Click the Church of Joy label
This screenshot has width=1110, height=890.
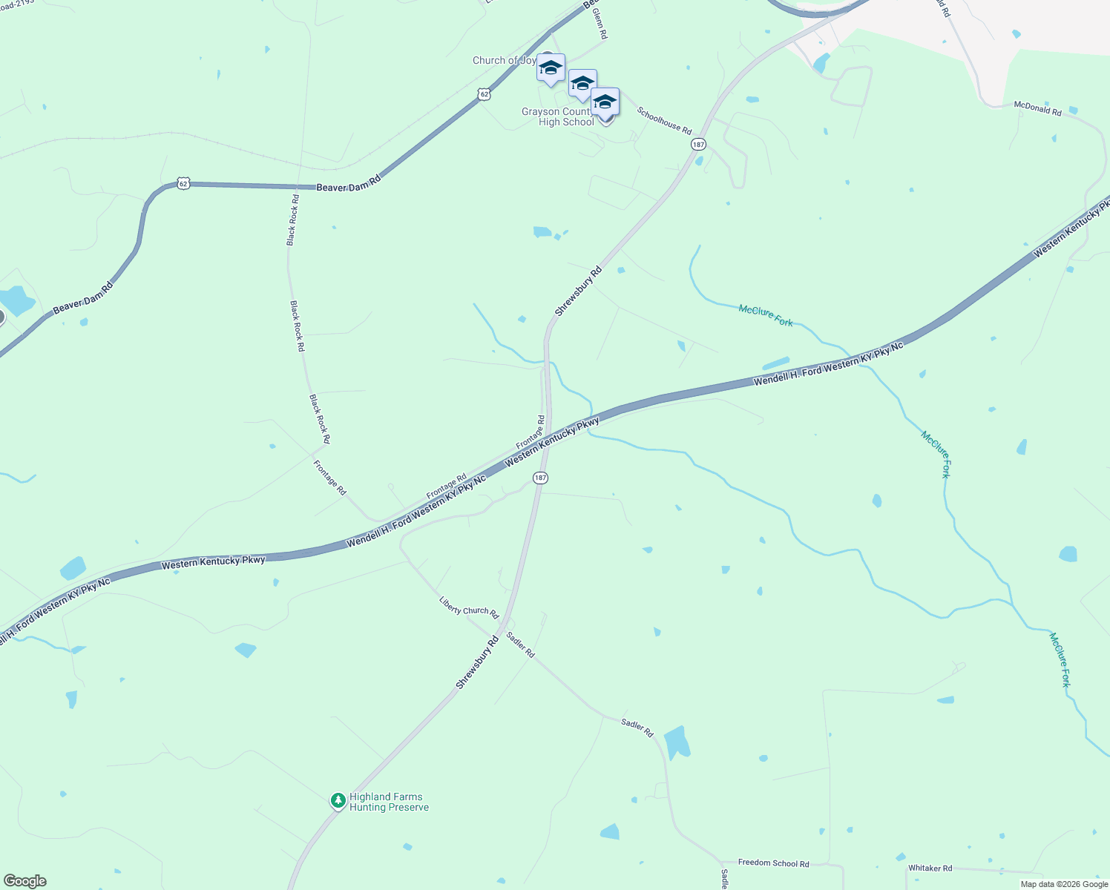click(x=504, y=61)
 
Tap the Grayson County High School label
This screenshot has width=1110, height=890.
click(x=558, y=117)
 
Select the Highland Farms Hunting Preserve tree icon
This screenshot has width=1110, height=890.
click(x=338, y=800)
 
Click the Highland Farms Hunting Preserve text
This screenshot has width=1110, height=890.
click(x=389, y=802)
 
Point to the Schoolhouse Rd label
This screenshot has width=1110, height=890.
click(x=664, y=120)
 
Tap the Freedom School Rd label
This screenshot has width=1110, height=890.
click(x=773, y=863)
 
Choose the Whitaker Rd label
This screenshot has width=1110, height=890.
click(x=930, y=868)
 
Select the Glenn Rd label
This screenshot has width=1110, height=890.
click(x=600, y=25)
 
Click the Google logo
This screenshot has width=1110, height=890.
click(x=24, y=881)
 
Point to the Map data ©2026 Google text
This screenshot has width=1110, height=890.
click(x=1064, y=884)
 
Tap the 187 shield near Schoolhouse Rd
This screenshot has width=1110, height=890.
click(x=697, y=144)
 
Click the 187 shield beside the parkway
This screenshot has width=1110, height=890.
click(x=540, y=478)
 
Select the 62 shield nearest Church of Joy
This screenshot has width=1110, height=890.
click(x=484, y=94)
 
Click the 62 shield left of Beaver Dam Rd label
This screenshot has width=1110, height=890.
click(x=183, y=183)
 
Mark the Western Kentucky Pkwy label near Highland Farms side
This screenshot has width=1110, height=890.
click(x=213, y=561)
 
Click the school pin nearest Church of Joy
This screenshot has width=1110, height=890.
click(x=551, y=69)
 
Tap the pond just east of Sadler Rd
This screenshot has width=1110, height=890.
click(x=677, y=742)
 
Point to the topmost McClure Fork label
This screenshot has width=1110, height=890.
click(x=766, y=315)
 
